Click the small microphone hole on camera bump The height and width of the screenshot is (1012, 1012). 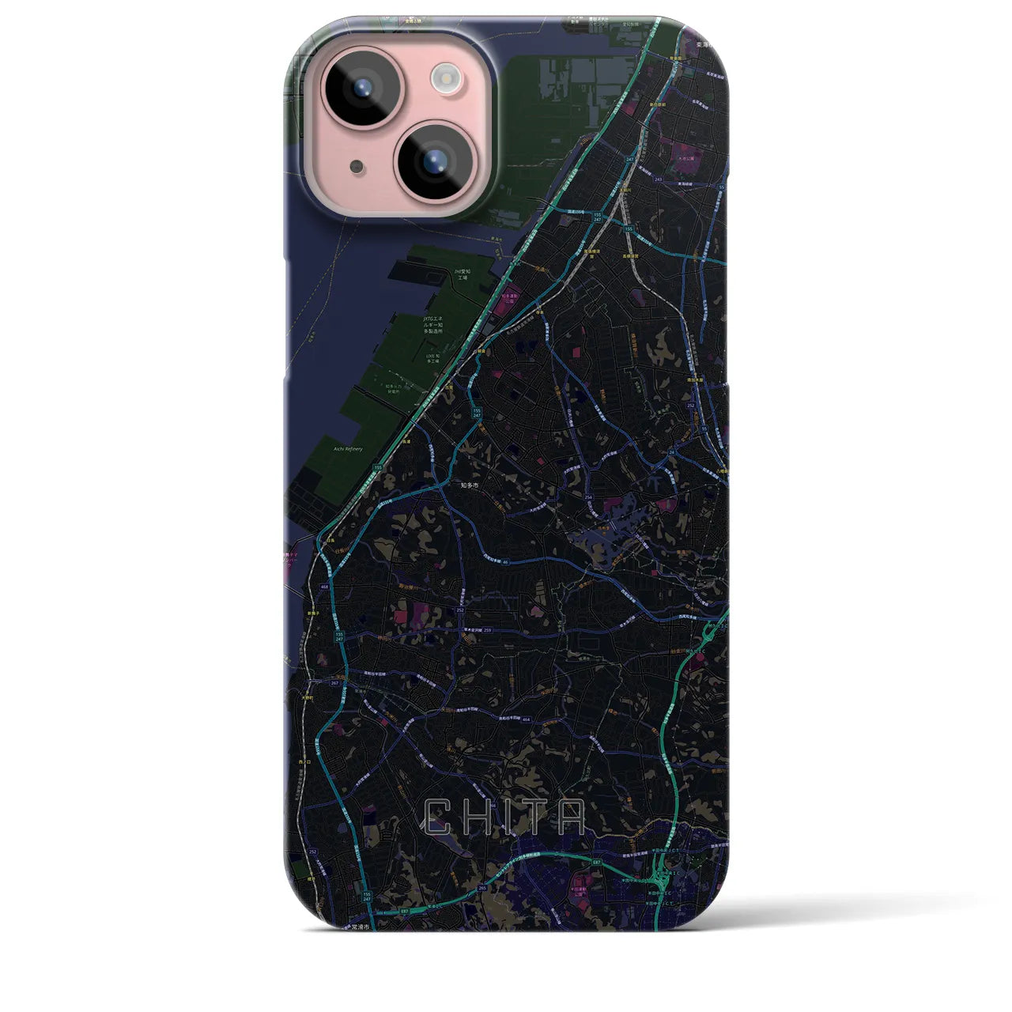(x=358, y=166)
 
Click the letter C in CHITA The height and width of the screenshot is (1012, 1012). (x=440, y=818)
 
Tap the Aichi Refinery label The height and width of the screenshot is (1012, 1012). (x=348, y=449)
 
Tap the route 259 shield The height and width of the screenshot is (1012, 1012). (x=488, y=630)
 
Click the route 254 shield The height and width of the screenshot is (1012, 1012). (x=591, y=497)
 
